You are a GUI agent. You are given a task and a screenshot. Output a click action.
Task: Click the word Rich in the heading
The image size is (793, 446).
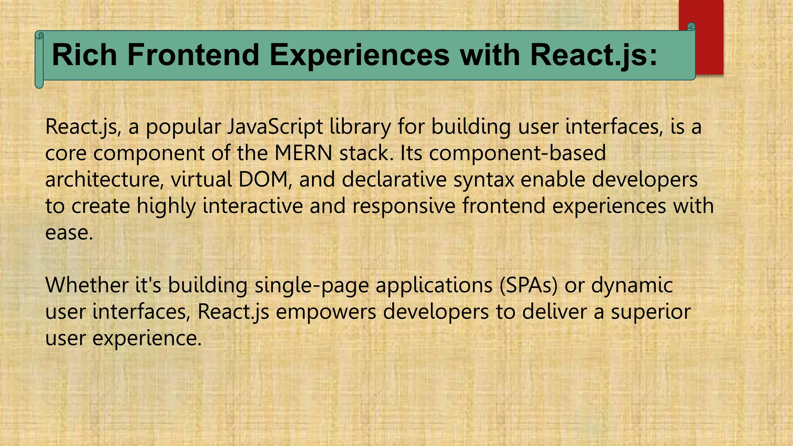[84, 55]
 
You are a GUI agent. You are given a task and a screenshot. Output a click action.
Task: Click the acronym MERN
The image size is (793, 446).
[303, 153]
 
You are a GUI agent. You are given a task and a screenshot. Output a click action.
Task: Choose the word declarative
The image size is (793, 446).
[394, 179]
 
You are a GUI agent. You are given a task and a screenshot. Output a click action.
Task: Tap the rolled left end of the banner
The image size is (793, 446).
[39, 60]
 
